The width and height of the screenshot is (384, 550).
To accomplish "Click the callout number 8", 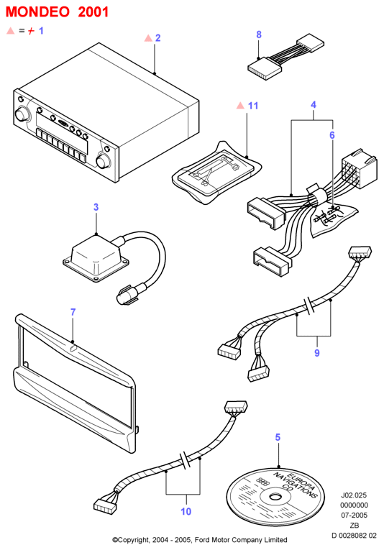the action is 259,35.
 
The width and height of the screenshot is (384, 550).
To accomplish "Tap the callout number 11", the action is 253,106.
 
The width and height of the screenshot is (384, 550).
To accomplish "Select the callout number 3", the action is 96,207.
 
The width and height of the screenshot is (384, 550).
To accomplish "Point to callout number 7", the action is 73,312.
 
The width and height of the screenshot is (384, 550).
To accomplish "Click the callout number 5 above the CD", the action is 278,437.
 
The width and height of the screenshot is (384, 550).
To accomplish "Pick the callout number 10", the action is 186,511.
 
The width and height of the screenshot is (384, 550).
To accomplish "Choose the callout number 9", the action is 317,352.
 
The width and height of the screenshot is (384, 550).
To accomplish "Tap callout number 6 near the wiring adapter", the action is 332,135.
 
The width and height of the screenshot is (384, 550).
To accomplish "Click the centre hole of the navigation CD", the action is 275,497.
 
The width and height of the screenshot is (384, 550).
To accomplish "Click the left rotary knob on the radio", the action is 22,114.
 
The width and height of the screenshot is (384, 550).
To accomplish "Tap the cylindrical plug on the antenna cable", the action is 124,297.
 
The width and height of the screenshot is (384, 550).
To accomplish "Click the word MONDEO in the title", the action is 37,12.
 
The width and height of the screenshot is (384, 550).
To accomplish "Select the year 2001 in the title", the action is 93,12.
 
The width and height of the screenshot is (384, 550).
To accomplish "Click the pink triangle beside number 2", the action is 148,38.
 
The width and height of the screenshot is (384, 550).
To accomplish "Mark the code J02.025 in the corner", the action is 354,495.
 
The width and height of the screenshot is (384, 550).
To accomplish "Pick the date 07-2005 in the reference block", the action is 354,515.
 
